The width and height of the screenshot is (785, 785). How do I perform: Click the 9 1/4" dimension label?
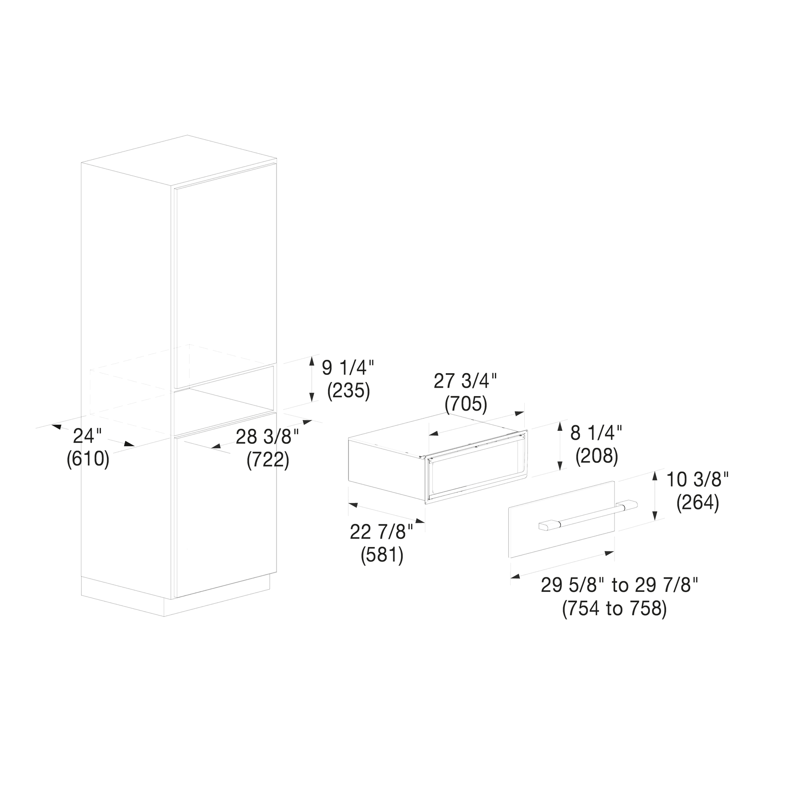[348, 368]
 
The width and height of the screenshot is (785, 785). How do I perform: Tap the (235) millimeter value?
[349, 391]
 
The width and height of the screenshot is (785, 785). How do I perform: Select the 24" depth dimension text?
[88, 436]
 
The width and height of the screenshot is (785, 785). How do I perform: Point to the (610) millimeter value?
[88, 459]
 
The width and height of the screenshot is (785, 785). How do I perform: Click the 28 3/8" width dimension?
[267, 437]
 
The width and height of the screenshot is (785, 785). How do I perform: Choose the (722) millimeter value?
[268, 460]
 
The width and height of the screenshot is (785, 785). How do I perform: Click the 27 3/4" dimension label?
[465, 381]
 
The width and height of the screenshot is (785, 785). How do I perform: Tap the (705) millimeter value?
[466, 404]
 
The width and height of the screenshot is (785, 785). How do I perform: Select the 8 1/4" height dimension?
[596, 433]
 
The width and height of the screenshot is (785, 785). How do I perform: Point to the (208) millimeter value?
[597, 456]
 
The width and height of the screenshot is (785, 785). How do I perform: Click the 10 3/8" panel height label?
[697, 480]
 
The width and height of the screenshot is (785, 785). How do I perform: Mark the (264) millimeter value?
[697, 503]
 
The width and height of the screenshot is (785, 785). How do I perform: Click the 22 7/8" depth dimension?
[382, 532]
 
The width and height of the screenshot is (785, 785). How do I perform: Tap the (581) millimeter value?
[382, 555]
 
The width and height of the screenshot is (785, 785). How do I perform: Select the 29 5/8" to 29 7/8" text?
[619, 585]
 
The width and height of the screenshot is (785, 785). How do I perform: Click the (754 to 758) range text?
[614, 609]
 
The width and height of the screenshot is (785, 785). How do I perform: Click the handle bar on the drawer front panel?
[588, 516]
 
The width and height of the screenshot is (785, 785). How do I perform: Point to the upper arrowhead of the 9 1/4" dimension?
[312, 359]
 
